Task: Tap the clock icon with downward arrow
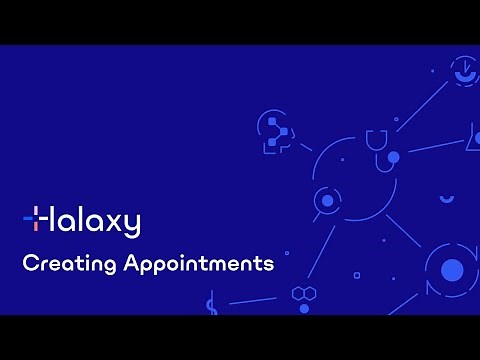click(x=464, y=69)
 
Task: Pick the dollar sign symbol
click(x=211, y=304)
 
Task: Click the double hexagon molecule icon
click(x=304, y=293)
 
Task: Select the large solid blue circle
click(x=452, y=269)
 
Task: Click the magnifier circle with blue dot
click(x=326, y=201)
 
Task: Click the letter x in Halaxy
click(x=115, y=221)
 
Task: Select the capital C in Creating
click(x=30, y=265)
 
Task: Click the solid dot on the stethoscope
click(x=393, y=158)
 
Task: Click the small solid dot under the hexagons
click(x=304, y=309)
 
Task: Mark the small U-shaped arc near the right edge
click(x=446, y=198)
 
